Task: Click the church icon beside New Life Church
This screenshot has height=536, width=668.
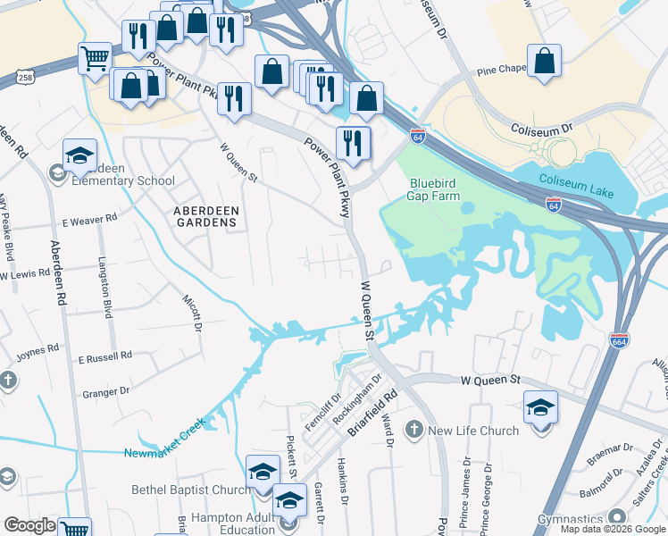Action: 413,431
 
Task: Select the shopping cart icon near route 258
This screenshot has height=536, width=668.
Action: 95,60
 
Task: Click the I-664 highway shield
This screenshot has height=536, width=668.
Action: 619,340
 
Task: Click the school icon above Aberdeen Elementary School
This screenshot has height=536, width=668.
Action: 79,155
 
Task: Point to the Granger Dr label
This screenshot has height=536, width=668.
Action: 104,391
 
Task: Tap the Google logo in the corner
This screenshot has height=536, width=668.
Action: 30,526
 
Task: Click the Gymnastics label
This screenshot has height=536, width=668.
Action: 571,519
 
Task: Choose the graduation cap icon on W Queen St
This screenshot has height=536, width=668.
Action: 539,408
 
